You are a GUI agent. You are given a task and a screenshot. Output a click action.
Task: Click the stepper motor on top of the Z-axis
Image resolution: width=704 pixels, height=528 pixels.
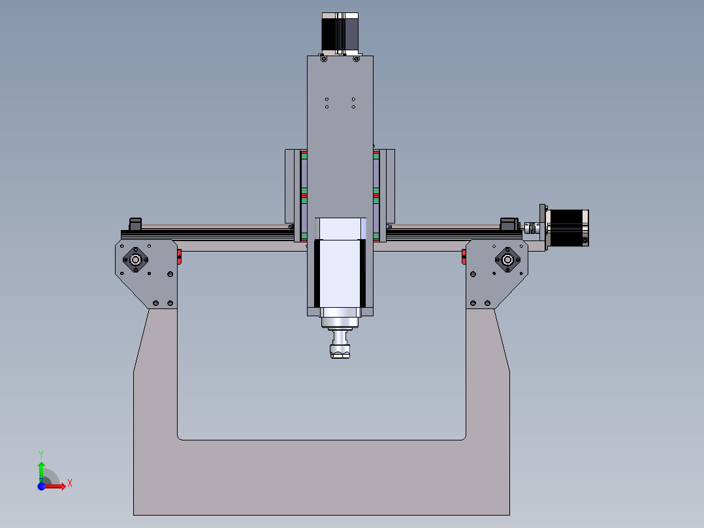point(340,33)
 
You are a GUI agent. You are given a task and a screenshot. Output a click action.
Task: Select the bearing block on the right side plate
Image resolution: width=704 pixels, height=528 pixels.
point(507,259)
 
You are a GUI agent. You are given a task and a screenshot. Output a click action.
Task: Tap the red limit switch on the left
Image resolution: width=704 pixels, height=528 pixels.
point(179,257)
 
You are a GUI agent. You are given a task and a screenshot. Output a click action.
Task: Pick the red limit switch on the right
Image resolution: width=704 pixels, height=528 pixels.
point(464,257)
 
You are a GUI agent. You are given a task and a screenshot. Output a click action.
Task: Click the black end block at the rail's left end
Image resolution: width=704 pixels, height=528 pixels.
point(136,223)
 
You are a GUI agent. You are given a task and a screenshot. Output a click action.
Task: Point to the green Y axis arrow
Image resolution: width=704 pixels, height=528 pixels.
point(41,470)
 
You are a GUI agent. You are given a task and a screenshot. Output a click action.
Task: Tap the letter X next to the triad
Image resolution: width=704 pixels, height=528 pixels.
point(69,483)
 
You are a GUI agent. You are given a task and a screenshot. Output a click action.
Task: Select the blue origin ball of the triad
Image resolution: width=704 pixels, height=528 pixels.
point(41,487)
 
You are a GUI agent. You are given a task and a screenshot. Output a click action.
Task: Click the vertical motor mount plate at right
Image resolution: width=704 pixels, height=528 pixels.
point(542,227)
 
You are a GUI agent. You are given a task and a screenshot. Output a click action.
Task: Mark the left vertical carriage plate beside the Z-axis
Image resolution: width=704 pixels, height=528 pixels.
point(291,186)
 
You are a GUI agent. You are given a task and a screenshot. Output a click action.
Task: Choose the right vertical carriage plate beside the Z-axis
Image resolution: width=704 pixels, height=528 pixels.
point(391,186)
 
